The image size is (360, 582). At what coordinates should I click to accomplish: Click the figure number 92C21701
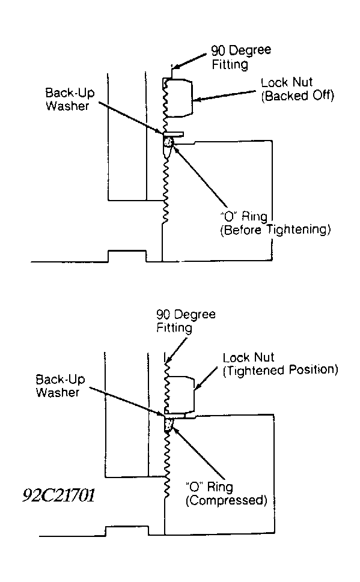58,495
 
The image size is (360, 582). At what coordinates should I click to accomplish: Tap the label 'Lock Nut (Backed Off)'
297,89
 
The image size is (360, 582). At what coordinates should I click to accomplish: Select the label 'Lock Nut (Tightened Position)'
281,364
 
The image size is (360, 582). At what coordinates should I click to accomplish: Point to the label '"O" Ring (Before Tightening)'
275,223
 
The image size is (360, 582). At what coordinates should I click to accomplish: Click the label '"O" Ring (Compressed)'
226,494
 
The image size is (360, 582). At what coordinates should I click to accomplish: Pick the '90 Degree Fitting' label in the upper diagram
241,57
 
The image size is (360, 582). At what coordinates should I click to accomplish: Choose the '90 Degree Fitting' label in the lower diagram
186,321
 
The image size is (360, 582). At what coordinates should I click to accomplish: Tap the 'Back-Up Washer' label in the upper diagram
70,100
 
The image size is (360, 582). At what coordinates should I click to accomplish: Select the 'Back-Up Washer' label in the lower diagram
60,386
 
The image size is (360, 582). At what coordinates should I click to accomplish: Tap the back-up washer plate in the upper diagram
173,133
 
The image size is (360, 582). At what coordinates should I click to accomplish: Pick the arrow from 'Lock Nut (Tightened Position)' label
206,379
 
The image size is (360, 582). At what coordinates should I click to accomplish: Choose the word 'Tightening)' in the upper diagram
299,230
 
